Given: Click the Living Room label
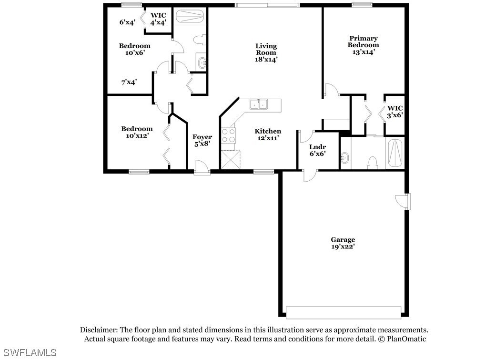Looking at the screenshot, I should pos(266,53).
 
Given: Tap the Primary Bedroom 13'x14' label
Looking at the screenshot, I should pos(363,45).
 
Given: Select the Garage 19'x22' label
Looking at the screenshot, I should pos(343,243).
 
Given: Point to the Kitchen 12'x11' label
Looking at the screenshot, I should pos(268,134).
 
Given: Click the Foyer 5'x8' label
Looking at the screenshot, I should pos(202,140).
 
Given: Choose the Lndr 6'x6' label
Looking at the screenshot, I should pos(317,150).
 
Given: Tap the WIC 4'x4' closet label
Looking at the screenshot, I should pos(158,18).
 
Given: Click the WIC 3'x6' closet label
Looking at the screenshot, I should pos(395,112).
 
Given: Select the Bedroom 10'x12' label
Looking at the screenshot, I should pos(137,132).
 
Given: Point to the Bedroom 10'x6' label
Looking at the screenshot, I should pos(134,49).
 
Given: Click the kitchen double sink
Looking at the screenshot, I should pos(259,104).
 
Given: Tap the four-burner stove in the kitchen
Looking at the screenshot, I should pos(229,135).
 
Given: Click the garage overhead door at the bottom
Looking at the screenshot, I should pos(343,312).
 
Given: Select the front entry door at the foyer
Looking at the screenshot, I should pos(202,168).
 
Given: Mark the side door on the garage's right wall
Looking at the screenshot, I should pos(403,201).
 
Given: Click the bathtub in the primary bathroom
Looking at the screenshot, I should pos(395,153).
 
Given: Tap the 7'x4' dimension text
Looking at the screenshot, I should pos(129,82).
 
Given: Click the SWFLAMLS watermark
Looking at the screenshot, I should pos(29,353).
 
